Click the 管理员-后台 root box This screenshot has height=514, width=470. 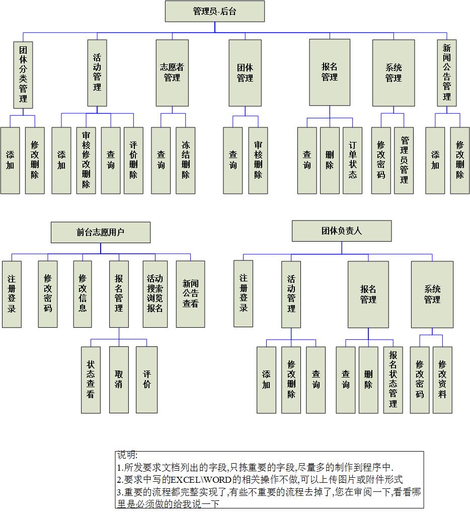pyautogui.click(x=214, y=11)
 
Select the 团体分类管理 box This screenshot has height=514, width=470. pyautogui.click(x=23, y=75)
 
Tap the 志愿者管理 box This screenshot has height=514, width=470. pyautogui.click(x=172, y=72)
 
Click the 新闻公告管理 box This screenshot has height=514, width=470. pyautogui.click(x=447, y=72)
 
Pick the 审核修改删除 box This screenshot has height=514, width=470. pyautogui.click(x=86, y=160)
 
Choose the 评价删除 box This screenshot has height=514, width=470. pyautogui.click(x=133, y=160)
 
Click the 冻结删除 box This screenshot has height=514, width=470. pyautogui.click(x=186, y=160)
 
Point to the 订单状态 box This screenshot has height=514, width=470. pyautogui.click(x=353, y=160)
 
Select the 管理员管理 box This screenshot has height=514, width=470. pyautogui.click(x=404, y=160)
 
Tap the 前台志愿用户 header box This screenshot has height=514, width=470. pyautogui.click(x=100, y=232)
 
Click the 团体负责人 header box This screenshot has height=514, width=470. pyautogui.click(x=341, y=231)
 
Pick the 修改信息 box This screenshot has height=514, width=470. pyautogui.click(x=83, y=294)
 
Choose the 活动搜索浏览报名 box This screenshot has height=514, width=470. pyautogui.click(x=155, y=294)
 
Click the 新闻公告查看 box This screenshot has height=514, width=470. pyautogui.click(x=190, y=294)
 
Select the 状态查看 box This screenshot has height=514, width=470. pyautogui.click(x=91, y=380)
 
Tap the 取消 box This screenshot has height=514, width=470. pyautogui.click(x=119, y=380)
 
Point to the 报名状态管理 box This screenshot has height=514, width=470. pyautogui.click(x=393, y=380)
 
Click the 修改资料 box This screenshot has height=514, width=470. pyautogui.click(x=442, y=380)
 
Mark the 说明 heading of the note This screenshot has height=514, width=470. pyautogui.click(x=127, y=455)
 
